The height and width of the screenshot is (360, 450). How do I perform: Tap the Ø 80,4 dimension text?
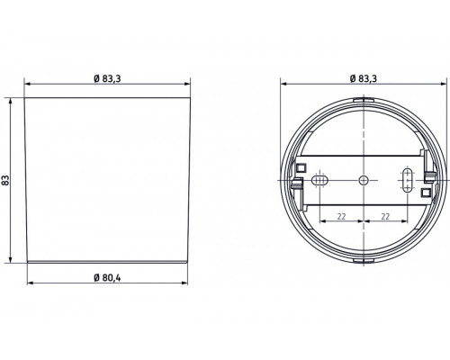(108, 275)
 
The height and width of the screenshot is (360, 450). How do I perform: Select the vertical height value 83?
(7, 180)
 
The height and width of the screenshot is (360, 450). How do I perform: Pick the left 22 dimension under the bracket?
(342, 217)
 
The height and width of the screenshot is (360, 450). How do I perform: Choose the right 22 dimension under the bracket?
(384, 217)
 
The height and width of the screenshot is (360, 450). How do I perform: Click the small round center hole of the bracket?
(364, 179)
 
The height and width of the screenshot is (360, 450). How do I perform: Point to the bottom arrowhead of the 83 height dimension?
(12, 265)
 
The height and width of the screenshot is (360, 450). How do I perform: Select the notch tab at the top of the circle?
(364, 100)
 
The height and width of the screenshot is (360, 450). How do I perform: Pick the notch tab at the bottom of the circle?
(364, 260)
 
